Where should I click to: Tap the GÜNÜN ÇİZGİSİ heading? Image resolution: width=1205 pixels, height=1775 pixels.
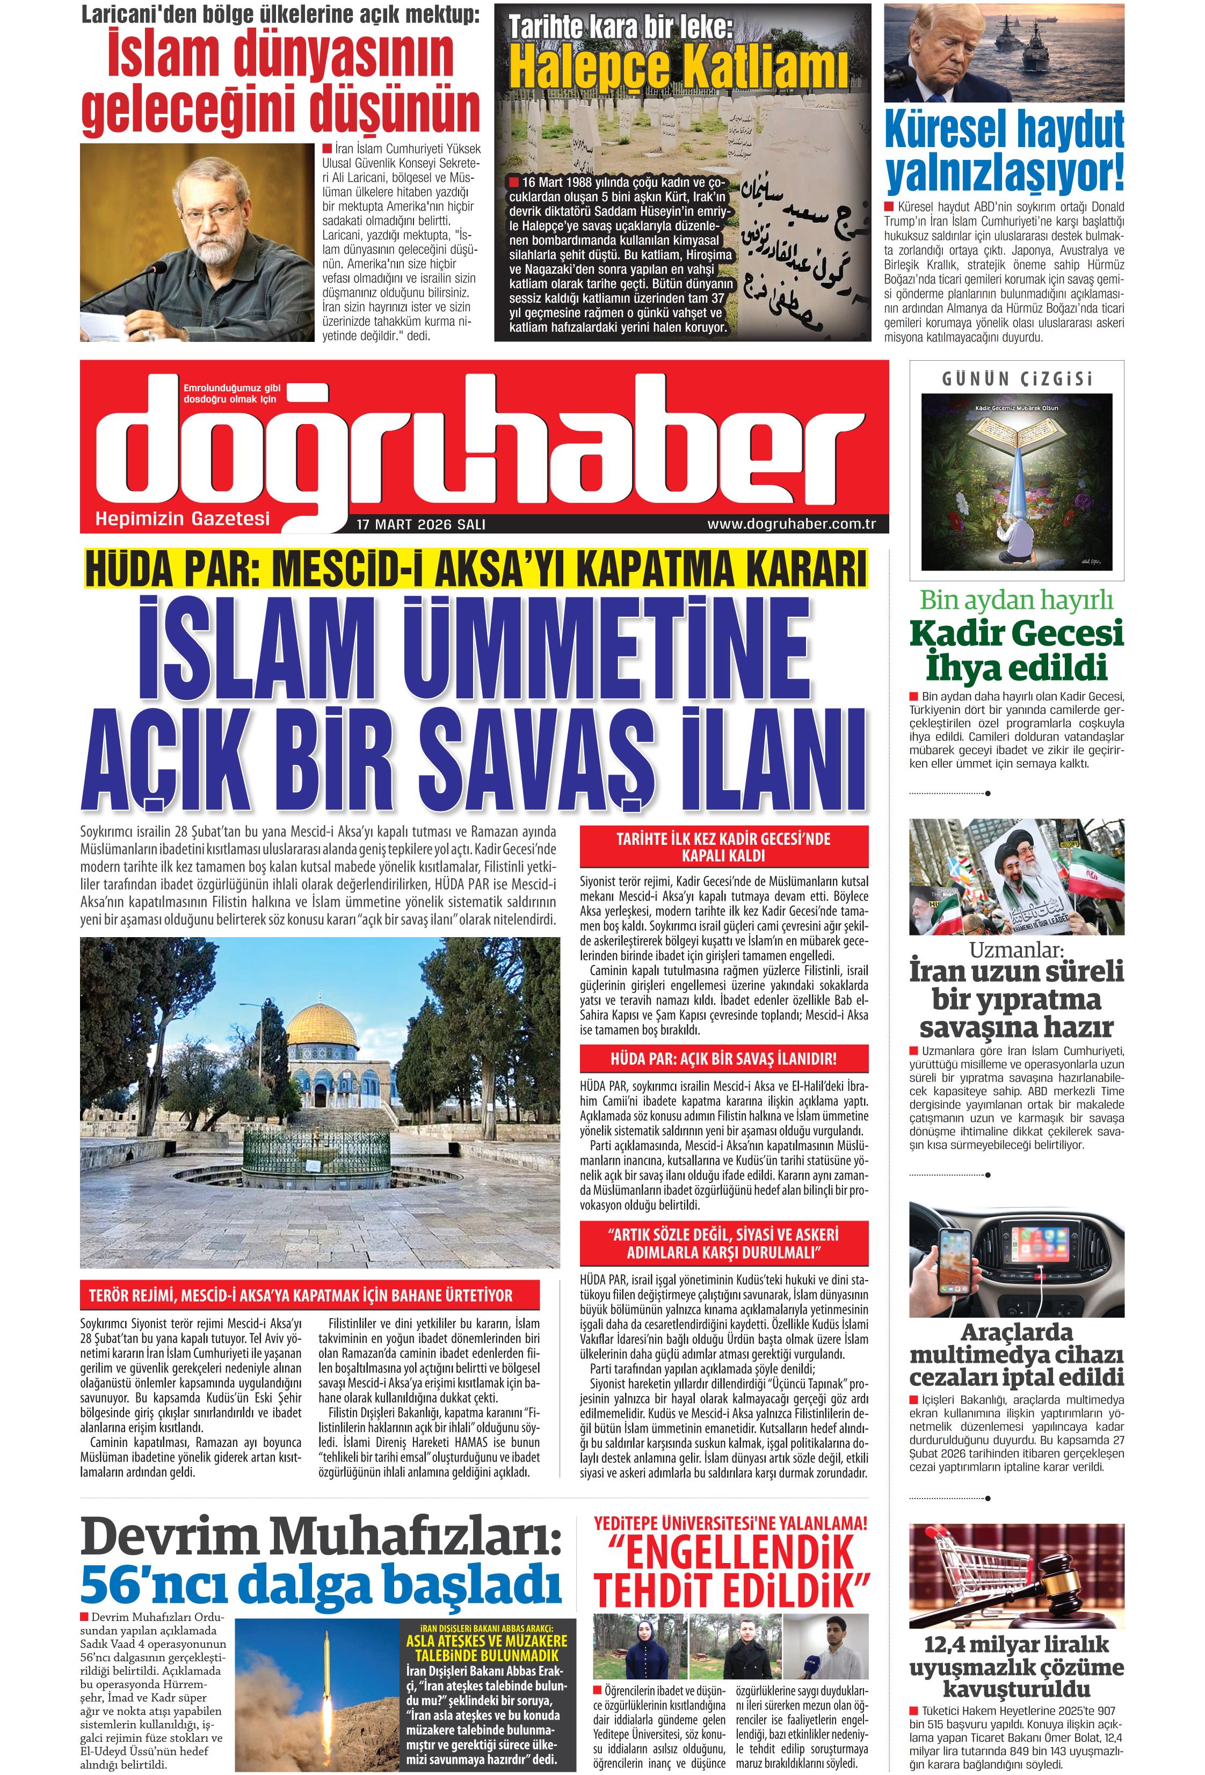pos(1017,379)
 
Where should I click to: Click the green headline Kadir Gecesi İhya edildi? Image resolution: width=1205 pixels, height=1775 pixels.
pos(1017,650)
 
